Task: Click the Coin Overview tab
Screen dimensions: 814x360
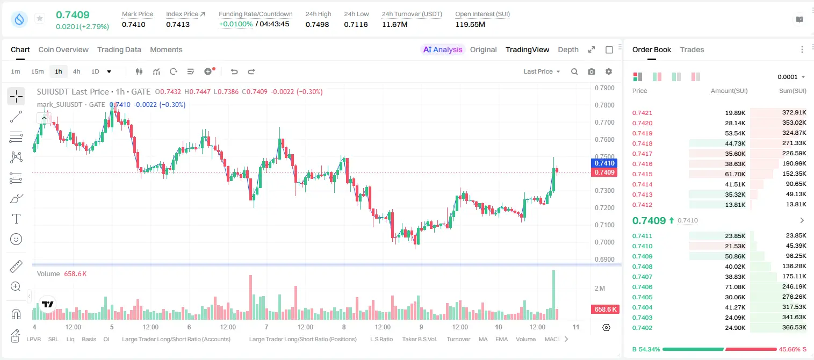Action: tap(63, 49)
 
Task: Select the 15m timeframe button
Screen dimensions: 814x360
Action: tap(38, 71)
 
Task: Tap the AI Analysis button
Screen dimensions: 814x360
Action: tap(443, 49)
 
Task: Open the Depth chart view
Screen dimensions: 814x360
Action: tap(568, 49)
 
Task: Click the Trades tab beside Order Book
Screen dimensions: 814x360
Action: tap(692, 49)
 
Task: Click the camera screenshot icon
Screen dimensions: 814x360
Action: tap(592, 71)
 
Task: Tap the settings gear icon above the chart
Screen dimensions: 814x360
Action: tap(609, 71)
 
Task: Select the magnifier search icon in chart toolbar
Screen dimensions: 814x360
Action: tap(574, 71)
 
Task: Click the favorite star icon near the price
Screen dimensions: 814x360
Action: tap(40, 18)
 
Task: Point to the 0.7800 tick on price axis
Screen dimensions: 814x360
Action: tap(604, 105)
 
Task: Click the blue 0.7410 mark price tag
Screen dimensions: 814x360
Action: tap(604, 163)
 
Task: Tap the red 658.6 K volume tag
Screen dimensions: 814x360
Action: tap(605, 309)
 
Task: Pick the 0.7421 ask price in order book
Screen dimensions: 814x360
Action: tap(642, 113)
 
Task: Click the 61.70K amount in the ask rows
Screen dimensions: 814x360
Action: tap(735, 174)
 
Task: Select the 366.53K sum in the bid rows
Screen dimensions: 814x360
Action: tap(794, 327)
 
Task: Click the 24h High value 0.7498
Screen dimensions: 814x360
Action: tap(317, 24)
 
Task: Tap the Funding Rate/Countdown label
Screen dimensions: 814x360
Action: tap(255, 14)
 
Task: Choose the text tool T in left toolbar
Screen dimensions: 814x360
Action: tap(16, 219)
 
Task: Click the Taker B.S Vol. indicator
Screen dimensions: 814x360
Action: tap(419, 339)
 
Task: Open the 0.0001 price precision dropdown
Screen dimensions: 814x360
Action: tap(791, 77)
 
